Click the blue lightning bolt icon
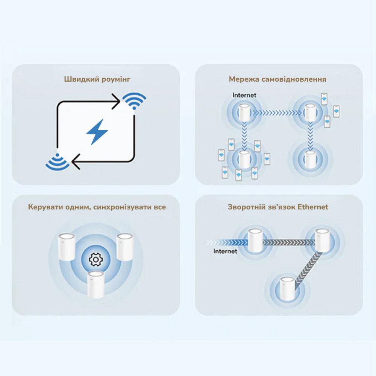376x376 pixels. (x=97, y=132)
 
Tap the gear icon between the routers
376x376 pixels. (x=96, y=259)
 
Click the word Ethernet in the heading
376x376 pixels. (x=313, y=207)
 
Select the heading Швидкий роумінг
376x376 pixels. (x=97, y=79)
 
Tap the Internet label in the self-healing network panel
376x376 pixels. (x=244, y=95)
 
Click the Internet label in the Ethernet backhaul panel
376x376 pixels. (x=225, y=251)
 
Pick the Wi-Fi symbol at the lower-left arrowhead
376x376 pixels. (x=57, y=162)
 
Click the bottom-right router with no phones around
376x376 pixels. (x=309, y=160)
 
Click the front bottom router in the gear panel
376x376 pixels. (x=96, y=285)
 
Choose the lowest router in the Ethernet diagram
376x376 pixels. (x=287, y=288)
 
